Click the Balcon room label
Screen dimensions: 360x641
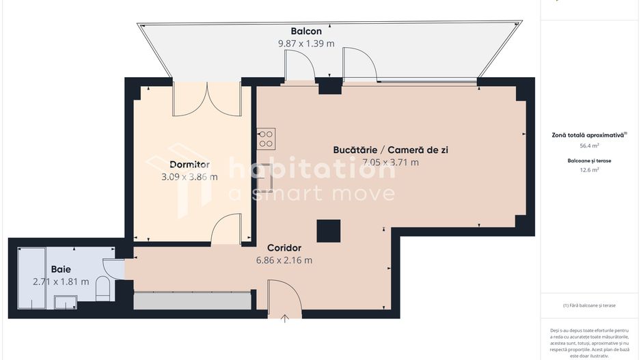305,31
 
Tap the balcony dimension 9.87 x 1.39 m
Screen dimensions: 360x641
305,44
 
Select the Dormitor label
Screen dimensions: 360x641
189,165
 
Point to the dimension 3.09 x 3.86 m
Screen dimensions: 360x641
189,177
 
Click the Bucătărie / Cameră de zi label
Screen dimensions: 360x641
390,150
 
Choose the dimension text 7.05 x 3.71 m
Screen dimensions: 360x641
390,163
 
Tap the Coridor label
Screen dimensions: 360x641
284,248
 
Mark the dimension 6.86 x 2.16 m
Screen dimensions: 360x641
284,260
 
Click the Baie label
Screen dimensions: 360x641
61,269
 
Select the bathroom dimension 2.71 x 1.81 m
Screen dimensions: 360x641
61,281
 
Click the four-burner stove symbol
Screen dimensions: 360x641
266,139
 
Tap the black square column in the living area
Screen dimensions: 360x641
329,230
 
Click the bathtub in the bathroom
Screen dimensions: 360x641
31,277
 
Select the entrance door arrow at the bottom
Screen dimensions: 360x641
285,317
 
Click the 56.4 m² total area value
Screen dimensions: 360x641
589,146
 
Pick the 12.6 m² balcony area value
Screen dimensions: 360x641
589,170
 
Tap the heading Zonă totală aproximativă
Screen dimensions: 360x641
588,135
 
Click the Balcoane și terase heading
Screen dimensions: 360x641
589,161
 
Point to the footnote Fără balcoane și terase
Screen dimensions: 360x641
589,305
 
